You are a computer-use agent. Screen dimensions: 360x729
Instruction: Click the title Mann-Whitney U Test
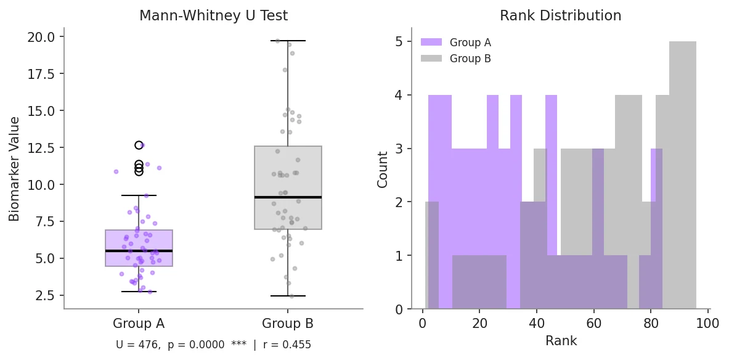tap(213, 16)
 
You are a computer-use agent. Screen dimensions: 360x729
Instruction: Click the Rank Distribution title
tap(560, 16)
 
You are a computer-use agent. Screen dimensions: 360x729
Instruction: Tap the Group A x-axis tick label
tap(139, 324)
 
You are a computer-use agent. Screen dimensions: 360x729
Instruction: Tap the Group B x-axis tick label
tap(288, 324)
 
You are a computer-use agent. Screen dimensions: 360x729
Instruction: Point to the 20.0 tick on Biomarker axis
tap(42, 37)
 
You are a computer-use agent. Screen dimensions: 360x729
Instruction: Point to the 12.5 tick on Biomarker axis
tap(42, 148)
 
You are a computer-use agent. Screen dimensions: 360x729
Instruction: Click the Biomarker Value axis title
tap(15, 168)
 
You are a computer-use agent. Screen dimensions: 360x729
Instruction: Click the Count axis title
tap(383, 169)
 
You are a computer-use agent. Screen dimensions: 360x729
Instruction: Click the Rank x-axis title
tap(561, 340)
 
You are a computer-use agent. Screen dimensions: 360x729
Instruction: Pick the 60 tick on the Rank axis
tap(593, 322)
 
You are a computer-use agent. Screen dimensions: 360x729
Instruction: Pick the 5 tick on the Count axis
tap(399, 42)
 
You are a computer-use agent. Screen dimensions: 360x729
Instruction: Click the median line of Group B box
tap(288, 197)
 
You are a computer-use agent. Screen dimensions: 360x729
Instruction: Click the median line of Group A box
tap(139, 251)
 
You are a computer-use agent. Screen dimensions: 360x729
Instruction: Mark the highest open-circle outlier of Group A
tap(139, 145)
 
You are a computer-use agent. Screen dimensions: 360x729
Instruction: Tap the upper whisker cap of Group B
tap(288, 41)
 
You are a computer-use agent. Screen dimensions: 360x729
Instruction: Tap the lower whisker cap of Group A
tap(139, 292)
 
